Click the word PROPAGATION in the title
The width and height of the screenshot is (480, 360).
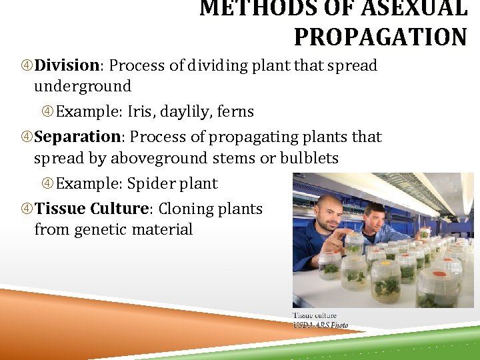tap(380, 37)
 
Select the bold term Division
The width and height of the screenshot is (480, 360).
tap(67, 65)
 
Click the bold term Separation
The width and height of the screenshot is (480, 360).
tap(77, 137)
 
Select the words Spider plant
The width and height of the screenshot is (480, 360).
tap(172, 183)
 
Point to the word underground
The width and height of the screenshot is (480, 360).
tap(83, 86)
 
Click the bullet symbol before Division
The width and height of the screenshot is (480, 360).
tap(27, 66)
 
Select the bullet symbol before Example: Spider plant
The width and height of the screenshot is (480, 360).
tap(48, 183)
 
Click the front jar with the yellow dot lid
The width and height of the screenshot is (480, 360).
tap(385, 281)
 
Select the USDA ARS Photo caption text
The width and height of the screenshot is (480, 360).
tap(321, 325)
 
